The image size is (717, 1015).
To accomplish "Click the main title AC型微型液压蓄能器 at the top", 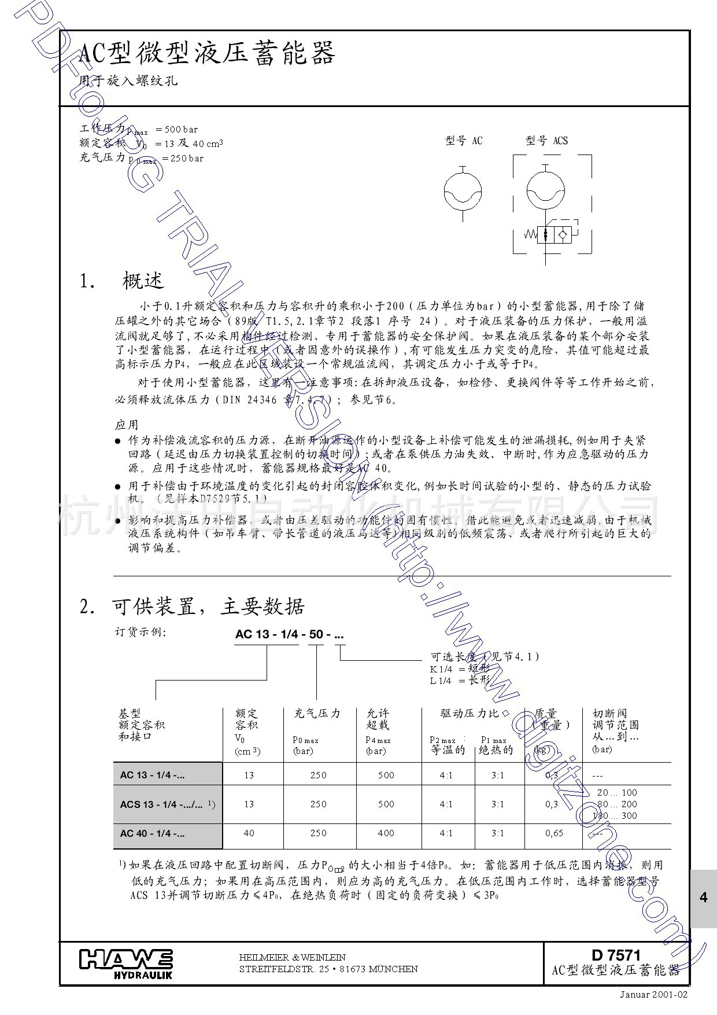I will pos(206,54).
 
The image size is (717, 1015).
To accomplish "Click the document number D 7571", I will pos(616,955).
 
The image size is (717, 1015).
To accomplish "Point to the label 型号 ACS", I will pos(546,141).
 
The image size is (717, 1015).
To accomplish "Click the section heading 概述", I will pos(143,281).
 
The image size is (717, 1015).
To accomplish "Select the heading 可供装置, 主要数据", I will pos(208,606).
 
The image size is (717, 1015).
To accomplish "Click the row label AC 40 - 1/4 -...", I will pos(153,833).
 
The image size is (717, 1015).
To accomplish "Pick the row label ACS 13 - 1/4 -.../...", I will pos(165,804).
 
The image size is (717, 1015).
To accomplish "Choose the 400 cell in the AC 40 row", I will pos(386,833).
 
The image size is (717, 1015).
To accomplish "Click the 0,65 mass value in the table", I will pos(554,833).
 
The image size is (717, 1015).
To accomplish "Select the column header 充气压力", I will pos(317,714).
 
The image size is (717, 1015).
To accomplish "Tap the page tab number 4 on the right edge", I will pos(703,898).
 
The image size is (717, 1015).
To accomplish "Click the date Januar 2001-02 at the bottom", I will pos(654,994).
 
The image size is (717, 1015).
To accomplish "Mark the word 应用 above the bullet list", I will pos(127,425).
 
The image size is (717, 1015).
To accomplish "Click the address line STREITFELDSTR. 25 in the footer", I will pos(328,969).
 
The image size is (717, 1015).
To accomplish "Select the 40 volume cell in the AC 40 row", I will pos(249,833).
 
